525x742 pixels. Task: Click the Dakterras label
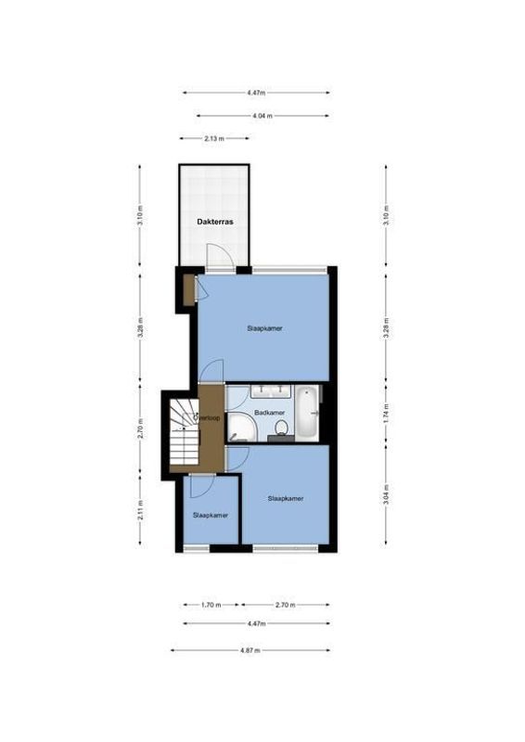214,223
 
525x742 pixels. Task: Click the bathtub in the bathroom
309,413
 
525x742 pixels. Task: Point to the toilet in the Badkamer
282,428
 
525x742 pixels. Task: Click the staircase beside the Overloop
181,431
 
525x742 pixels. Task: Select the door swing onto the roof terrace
214,254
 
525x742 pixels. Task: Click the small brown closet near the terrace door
189,288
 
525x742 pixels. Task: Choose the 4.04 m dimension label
262,116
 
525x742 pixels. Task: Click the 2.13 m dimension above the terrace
214,138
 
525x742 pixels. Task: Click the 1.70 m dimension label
211,605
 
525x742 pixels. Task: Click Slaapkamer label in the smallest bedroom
211,514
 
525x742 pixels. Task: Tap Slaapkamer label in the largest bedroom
265,328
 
